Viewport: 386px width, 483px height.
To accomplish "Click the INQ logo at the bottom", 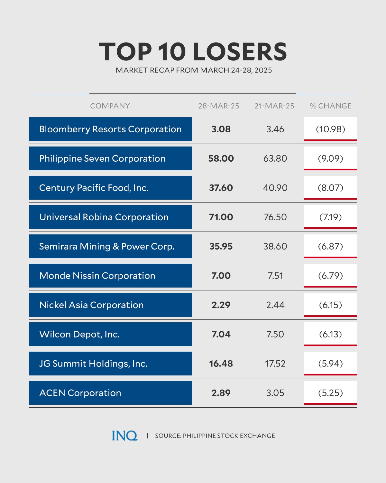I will [x=124, y=436].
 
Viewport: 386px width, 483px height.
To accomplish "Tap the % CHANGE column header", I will [x=330, y=106].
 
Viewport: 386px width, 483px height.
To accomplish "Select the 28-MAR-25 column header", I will [x=218, y=106].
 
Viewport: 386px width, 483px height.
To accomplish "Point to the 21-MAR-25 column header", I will [x=274, y=106].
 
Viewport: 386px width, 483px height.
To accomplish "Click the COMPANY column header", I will [x=110, y=106].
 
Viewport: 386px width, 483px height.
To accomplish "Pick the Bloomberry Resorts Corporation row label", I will [x=110, y=129].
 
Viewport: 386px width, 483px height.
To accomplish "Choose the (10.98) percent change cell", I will [x=330, y=129].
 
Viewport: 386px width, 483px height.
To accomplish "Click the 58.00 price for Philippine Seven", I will [x=221, y=158].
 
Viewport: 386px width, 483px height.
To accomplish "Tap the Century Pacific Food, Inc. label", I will [x=94, y=188].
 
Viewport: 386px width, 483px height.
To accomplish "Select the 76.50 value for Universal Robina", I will [x=275, y=217].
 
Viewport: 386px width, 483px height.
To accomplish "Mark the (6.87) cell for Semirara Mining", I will [x=330, y=246].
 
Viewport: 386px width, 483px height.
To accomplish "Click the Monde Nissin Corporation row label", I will [x=97, y=276].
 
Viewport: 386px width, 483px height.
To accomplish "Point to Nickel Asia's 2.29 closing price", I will [x=221, y=305].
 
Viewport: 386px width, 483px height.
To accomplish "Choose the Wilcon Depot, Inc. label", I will [x=79, y=334].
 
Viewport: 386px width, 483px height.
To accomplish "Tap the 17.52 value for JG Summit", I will [x=275, y=364].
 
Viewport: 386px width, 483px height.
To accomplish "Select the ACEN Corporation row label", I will [x=80, y=393].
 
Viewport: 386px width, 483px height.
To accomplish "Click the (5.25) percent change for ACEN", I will [x=330, y=393].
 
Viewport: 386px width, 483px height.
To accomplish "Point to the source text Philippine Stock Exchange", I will [x=229, y=436].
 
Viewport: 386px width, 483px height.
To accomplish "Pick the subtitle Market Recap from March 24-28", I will [x=194, y=70].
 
